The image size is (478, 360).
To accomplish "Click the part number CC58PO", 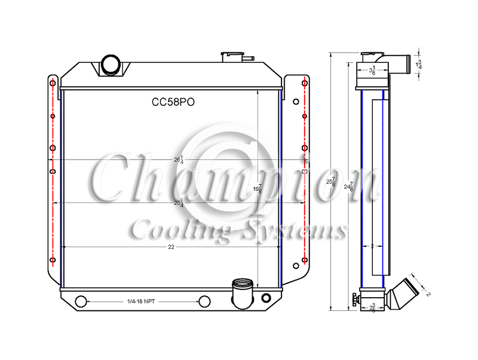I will click(x=173, y=102).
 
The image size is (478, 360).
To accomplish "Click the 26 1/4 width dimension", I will click(x=177, y=160).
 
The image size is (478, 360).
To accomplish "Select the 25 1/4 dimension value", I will click(x=177, y=203).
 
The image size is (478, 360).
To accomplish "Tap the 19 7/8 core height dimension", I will click(x=258, y=188).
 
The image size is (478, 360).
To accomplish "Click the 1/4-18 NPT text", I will click(x=143, y=301).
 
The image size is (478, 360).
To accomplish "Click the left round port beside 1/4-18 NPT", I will click(x=82, y=301).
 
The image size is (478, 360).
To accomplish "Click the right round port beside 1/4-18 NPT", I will click(x=204, y=301).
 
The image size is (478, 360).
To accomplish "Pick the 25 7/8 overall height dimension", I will click(x=332, y=181).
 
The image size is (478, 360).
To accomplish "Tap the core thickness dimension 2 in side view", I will click(x=372, y=246).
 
